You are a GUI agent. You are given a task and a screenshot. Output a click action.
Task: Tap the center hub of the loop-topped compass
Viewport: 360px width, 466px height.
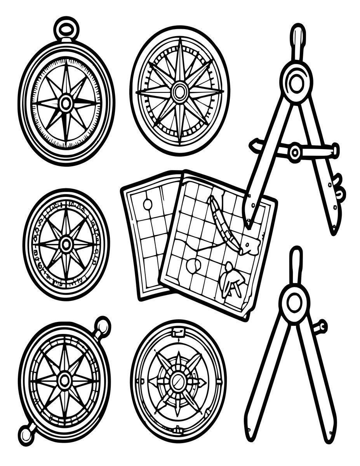point(66,103)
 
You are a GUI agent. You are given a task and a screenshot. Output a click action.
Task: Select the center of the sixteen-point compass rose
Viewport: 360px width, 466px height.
point(180,92)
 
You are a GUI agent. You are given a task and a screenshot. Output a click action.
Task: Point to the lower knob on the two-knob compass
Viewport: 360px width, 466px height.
point(27,433)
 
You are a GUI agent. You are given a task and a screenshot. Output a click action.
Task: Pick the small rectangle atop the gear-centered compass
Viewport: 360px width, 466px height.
point(178,332)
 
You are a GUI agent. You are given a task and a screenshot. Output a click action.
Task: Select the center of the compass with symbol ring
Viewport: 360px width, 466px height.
point(66,244)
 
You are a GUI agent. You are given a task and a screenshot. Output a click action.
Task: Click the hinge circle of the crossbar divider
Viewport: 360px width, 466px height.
point(296,83)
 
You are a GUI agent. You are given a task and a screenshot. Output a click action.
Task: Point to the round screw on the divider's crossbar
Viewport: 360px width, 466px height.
point(295,152)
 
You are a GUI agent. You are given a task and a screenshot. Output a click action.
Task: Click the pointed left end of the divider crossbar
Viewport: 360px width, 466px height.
point(254,145)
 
